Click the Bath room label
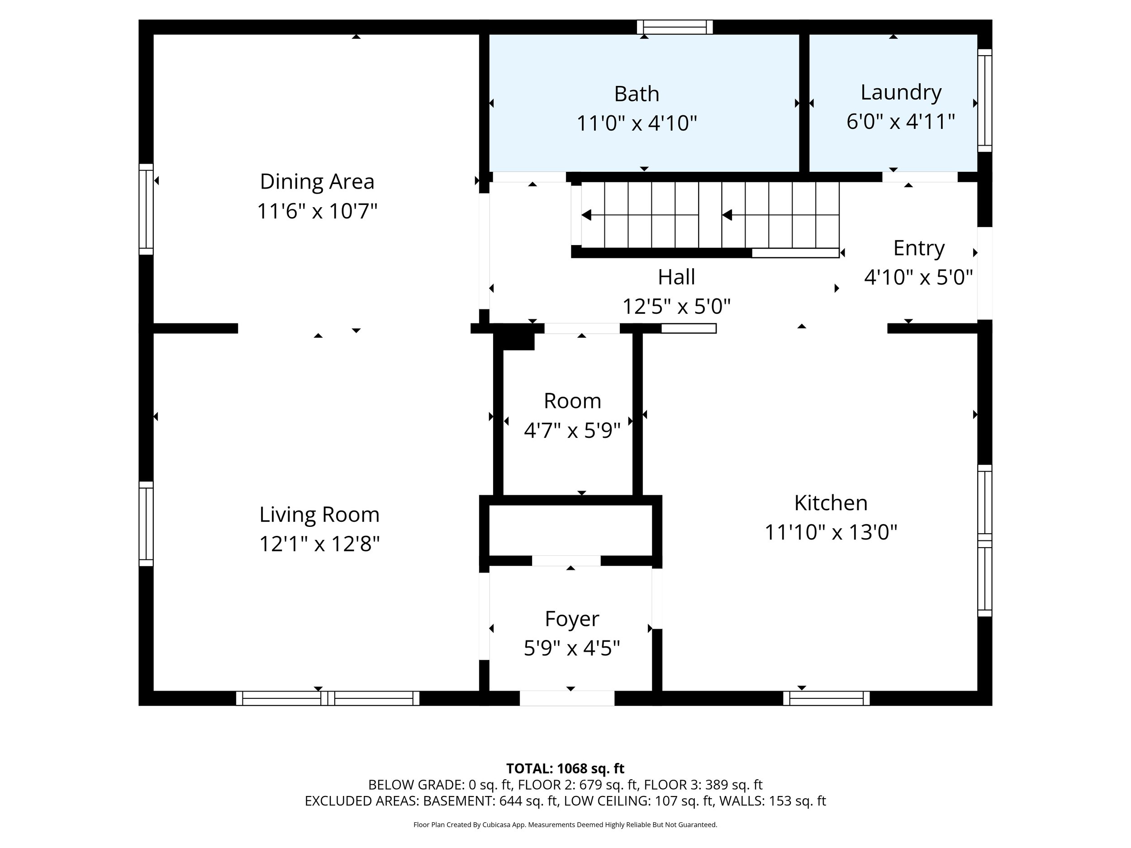[637, 94]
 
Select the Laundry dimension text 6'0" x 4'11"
[901, 122]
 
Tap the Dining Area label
[317, 181]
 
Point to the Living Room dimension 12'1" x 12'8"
[319, 544]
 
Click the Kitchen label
[831, 503]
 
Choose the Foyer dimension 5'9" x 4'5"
[572, 649]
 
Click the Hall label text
[676, 277]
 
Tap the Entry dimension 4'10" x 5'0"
[918, 278]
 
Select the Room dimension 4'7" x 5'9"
[572, 431]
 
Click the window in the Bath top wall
[675, 27]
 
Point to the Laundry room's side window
[985, 101]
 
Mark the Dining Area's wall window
[146, 209]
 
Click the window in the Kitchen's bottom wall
[826, 698]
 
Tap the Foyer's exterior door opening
[567, 698]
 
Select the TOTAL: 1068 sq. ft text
[565, 769]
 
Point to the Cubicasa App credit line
[565, 824]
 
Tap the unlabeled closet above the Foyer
[570, 531]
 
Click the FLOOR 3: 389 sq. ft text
[703, 785]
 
